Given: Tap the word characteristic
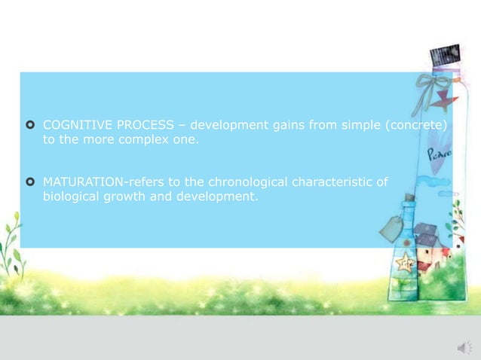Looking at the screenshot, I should pyautogui.click(x=344, y=182).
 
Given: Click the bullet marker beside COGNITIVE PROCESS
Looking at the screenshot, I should pyautogui.click(x=30, y=124).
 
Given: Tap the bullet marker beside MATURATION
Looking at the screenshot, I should pyautogui.click(x=30, y=182).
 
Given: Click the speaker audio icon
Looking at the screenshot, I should pyautogui.click(x=463, y=346).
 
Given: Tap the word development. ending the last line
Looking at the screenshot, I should pyautogui.click(x=216, y=197).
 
